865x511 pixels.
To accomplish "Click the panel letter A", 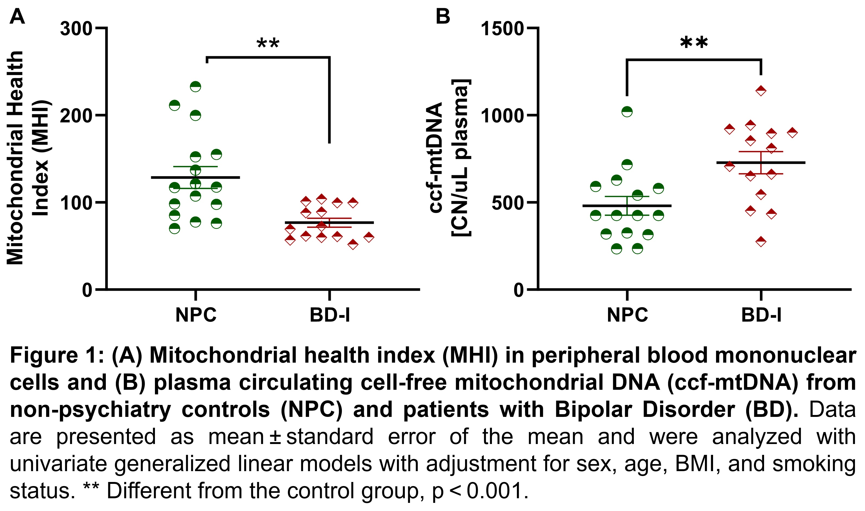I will click(17, 16).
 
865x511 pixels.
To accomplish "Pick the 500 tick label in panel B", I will click(508, 203).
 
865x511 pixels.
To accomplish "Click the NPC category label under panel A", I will click(196, 315).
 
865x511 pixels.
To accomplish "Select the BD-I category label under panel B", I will click(761, 315).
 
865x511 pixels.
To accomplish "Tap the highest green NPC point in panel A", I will click(195, 87).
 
